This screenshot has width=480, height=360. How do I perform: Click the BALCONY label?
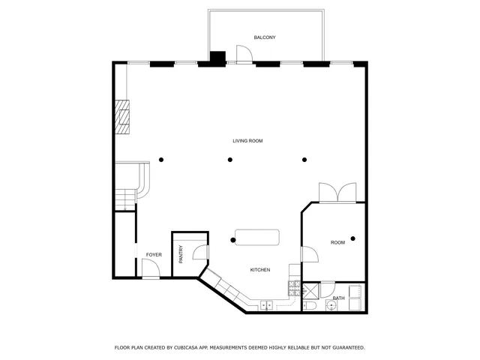coord(265,37)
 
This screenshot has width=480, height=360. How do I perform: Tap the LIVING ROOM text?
coord(247,141)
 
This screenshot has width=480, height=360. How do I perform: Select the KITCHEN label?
coord(260,270)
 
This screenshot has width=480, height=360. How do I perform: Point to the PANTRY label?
coord(181,255)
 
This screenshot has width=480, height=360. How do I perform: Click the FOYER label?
coord(154,255)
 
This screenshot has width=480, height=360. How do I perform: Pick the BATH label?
coord(339,298)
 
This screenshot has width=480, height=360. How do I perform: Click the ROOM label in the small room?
coord(338,242)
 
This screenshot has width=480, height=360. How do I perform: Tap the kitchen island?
coord(256,237)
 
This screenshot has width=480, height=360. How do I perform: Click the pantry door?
coord(199,253)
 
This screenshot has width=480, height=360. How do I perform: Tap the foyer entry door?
coord(151,271)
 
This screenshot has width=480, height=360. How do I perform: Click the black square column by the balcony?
coord(217,57)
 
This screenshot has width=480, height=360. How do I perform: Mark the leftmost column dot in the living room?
coord(161,159)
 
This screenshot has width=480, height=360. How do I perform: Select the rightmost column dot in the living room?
coord(304,159)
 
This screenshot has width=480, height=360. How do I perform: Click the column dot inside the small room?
coord(352,238)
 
